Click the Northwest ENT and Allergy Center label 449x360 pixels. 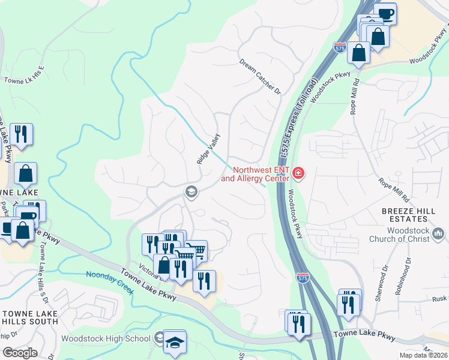point(256,174)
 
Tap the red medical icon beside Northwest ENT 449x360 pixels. point(298,174)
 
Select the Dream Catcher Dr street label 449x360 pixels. point(260,76)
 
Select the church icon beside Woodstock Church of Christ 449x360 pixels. point(438,233)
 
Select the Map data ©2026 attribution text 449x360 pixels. point(424,356)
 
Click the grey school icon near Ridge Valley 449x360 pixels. point(191,192)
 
